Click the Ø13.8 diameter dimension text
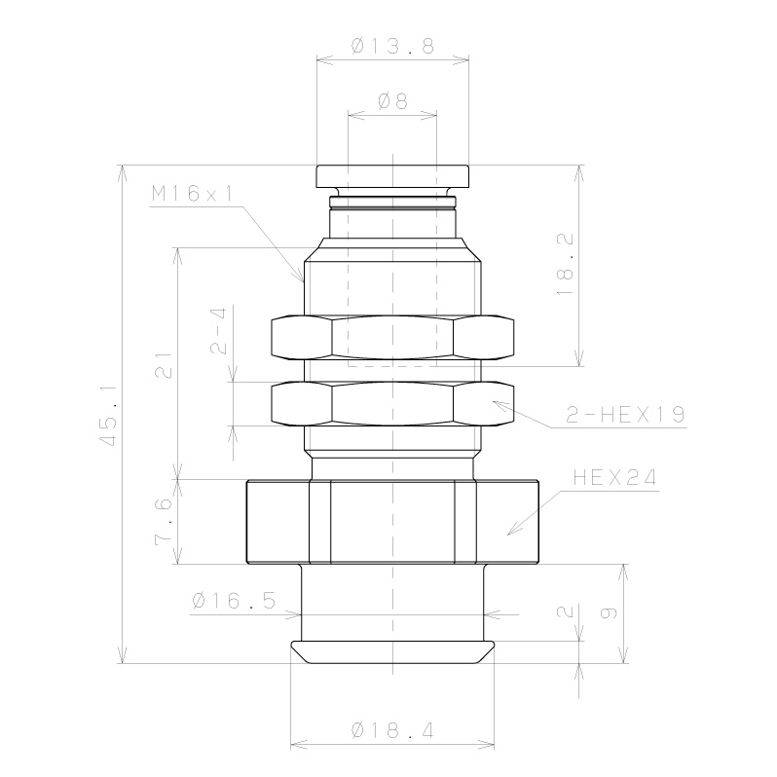[x=391, y=45]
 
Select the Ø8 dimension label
[x=391, y=99]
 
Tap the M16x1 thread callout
[x=192, y=194]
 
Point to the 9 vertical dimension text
[x=610, y=613]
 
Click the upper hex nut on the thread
[x=391, y=339]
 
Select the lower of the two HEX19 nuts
[x=391, y=405]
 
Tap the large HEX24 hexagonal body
[x=391, y=522]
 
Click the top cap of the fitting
[x=391, y=176]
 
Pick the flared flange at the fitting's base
[x=391, y=651]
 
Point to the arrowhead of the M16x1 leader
[x=303, y=279]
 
